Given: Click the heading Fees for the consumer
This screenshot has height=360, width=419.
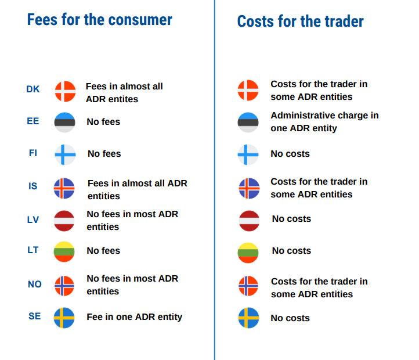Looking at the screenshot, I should [99, 20].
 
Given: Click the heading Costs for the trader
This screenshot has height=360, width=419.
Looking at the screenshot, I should [300, 22].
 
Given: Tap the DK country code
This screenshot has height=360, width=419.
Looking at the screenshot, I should [33, 89].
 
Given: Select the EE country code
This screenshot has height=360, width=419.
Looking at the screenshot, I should [33, 121].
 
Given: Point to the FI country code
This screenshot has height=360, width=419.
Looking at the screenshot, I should [33, 153].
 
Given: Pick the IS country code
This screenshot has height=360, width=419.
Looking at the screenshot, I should [33, 186].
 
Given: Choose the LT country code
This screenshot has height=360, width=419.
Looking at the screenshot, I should [33, 250].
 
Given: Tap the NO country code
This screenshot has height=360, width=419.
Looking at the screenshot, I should [34, 285].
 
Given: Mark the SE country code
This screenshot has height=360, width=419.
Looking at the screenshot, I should [34, 316].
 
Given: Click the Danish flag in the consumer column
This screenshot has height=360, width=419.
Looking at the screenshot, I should [65, 91].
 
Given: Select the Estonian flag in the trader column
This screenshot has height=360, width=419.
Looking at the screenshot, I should [248, 123].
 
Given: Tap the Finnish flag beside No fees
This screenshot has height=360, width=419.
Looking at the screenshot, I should [65, 154].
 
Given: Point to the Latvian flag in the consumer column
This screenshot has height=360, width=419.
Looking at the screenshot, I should [64, 221].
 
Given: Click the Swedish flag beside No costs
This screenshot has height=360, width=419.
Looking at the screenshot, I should [248, 318].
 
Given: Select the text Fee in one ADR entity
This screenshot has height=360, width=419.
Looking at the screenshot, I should [134, 317].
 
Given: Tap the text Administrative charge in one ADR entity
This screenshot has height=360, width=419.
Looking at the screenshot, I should [324, 122].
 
